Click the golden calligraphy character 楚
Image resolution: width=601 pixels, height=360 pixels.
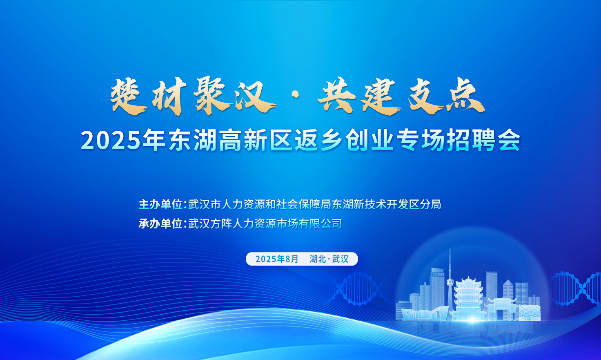(128, 97)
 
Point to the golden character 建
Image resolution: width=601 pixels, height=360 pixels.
(381, 97)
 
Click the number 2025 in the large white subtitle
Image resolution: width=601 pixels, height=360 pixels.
(111, 141)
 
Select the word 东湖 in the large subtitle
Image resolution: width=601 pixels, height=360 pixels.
(193, 140)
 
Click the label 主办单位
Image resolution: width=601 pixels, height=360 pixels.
(160, 205)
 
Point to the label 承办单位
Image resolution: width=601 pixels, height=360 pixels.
(160, 224)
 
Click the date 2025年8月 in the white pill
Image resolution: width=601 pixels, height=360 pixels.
(277, 259)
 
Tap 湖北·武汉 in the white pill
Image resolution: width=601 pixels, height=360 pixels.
(329, 259)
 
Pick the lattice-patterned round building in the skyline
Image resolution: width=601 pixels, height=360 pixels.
(530, 313)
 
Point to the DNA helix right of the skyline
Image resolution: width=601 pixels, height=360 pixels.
(576, 288)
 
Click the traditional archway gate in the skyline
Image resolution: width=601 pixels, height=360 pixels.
(502, 309)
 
